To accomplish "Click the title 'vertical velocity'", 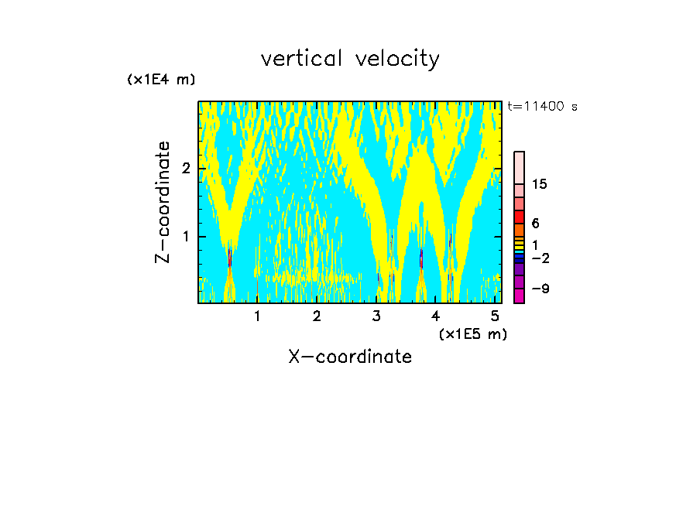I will click(350, 59).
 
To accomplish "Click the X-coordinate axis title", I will click(350, 357).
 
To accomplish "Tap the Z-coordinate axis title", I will click(163, 202).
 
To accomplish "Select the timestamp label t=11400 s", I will click(542, 107).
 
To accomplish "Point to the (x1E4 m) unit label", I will click(161, 80).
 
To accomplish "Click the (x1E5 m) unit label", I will click(472, 334).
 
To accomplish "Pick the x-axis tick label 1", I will click(258, 316).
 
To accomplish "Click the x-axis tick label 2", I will click(317, 316).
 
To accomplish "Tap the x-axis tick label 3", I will click(376, 316).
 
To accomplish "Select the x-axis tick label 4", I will click(436, 316).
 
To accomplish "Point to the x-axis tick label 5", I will click(495, 316).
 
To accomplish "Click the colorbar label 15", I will click(540, 184).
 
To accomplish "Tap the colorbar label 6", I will click(535, 224).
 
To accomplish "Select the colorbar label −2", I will click(540, 258).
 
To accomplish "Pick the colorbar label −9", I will click(540, 289).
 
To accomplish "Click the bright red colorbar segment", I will click(519, 217).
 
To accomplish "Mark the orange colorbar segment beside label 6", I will click(519, 230).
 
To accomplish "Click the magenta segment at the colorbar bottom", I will click(519, 295).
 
